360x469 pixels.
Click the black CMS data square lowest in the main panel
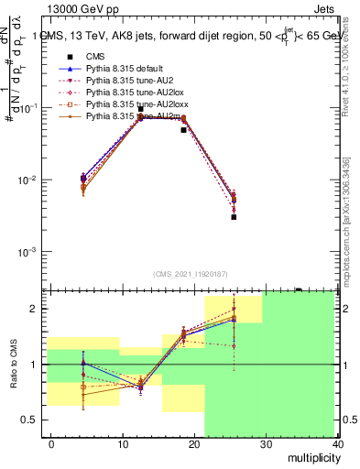234,217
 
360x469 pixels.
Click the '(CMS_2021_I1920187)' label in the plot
190,274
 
